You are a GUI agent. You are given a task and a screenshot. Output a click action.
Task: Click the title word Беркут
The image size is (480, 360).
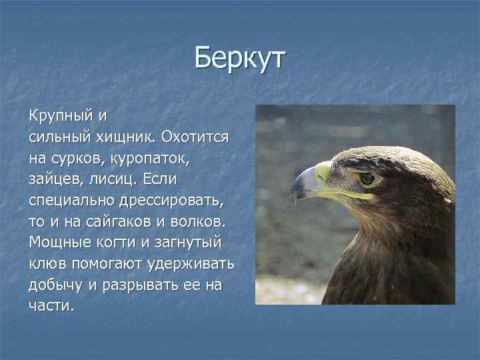(239, 58)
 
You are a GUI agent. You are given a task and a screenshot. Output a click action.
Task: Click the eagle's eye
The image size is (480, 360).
(367, 178)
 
